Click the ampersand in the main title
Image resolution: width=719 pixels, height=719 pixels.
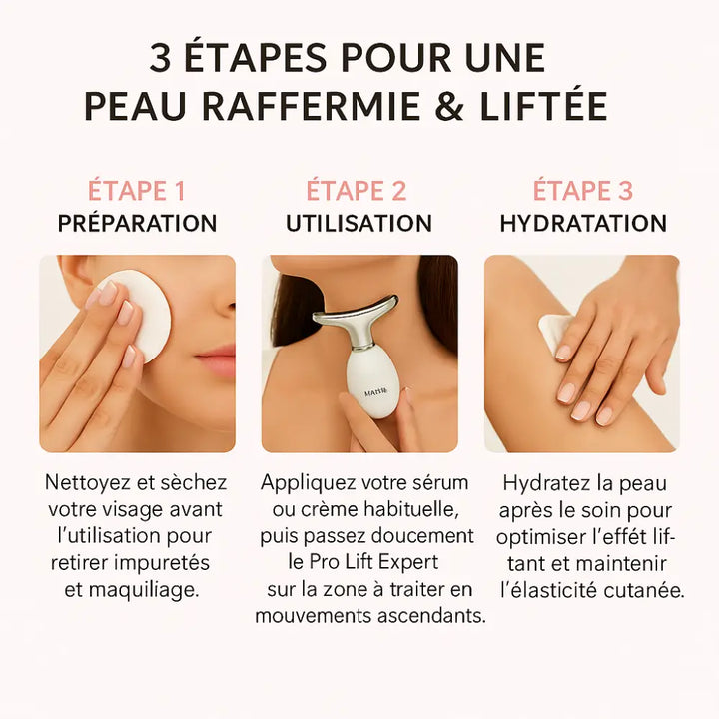coord(449,106)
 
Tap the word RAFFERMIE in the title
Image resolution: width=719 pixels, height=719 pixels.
coord(312,106)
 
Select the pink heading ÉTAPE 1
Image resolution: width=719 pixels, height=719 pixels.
coord(136,190)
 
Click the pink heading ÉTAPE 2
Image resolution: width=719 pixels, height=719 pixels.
coord(357,190)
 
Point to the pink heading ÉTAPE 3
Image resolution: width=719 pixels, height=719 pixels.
coord(583,190)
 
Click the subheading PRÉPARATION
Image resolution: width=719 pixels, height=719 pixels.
coord(137,224)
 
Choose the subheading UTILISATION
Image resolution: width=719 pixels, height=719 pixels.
coord(359,224)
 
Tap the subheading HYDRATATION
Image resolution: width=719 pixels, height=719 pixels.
coord(583,224)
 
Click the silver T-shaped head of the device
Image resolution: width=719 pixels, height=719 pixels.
coord(356,312)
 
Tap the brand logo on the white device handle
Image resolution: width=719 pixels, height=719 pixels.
coord(376,392)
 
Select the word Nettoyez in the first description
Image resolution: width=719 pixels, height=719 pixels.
coord(87,483)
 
